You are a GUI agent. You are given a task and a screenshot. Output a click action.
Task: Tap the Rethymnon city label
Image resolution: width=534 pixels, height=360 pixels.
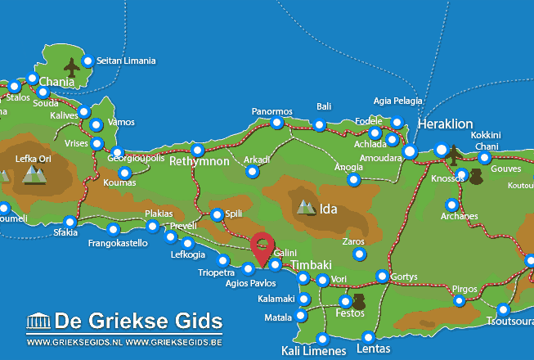(x=200, y=162)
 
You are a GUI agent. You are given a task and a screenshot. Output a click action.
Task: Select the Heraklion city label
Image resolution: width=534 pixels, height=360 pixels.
(x=445, y=124)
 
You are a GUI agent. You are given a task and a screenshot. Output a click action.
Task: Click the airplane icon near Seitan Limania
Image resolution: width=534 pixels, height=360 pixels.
(x=71, y=67)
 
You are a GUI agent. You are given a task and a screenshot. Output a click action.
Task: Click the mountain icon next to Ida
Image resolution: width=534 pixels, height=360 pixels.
(x=307, y=208)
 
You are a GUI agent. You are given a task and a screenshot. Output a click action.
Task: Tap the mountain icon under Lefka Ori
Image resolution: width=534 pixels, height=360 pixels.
(x=34, y=173)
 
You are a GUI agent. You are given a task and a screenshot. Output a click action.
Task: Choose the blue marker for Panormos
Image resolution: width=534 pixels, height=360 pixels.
(x=277, y=124)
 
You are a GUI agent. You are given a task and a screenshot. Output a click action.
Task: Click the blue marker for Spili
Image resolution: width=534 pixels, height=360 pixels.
(x=217, y=215)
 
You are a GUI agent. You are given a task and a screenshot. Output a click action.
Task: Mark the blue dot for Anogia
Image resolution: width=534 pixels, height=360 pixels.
(x=353, y=179)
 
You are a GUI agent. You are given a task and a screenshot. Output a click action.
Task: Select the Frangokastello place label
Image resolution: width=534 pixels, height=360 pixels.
(x=118, y=243)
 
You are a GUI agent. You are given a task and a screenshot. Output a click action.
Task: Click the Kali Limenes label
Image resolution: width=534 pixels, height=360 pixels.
(x=309, y=351)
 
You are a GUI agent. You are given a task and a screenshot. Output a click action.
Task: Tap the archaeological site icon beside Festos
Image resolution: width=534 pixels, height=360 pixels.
(x=357, y=299)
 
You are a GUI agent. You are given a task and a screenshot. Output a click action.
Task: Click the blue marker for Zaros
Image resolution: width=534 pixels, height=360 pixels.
(x=359, y=254)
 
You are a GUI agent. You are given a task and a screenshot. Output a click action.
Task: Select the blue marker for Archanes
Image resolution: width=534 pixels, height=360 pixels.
(x=451, y=205)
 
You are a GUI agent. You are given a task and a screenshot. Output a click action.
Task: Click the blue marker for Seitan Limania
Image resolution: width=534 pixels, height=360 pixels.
(x=88, y=61)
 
